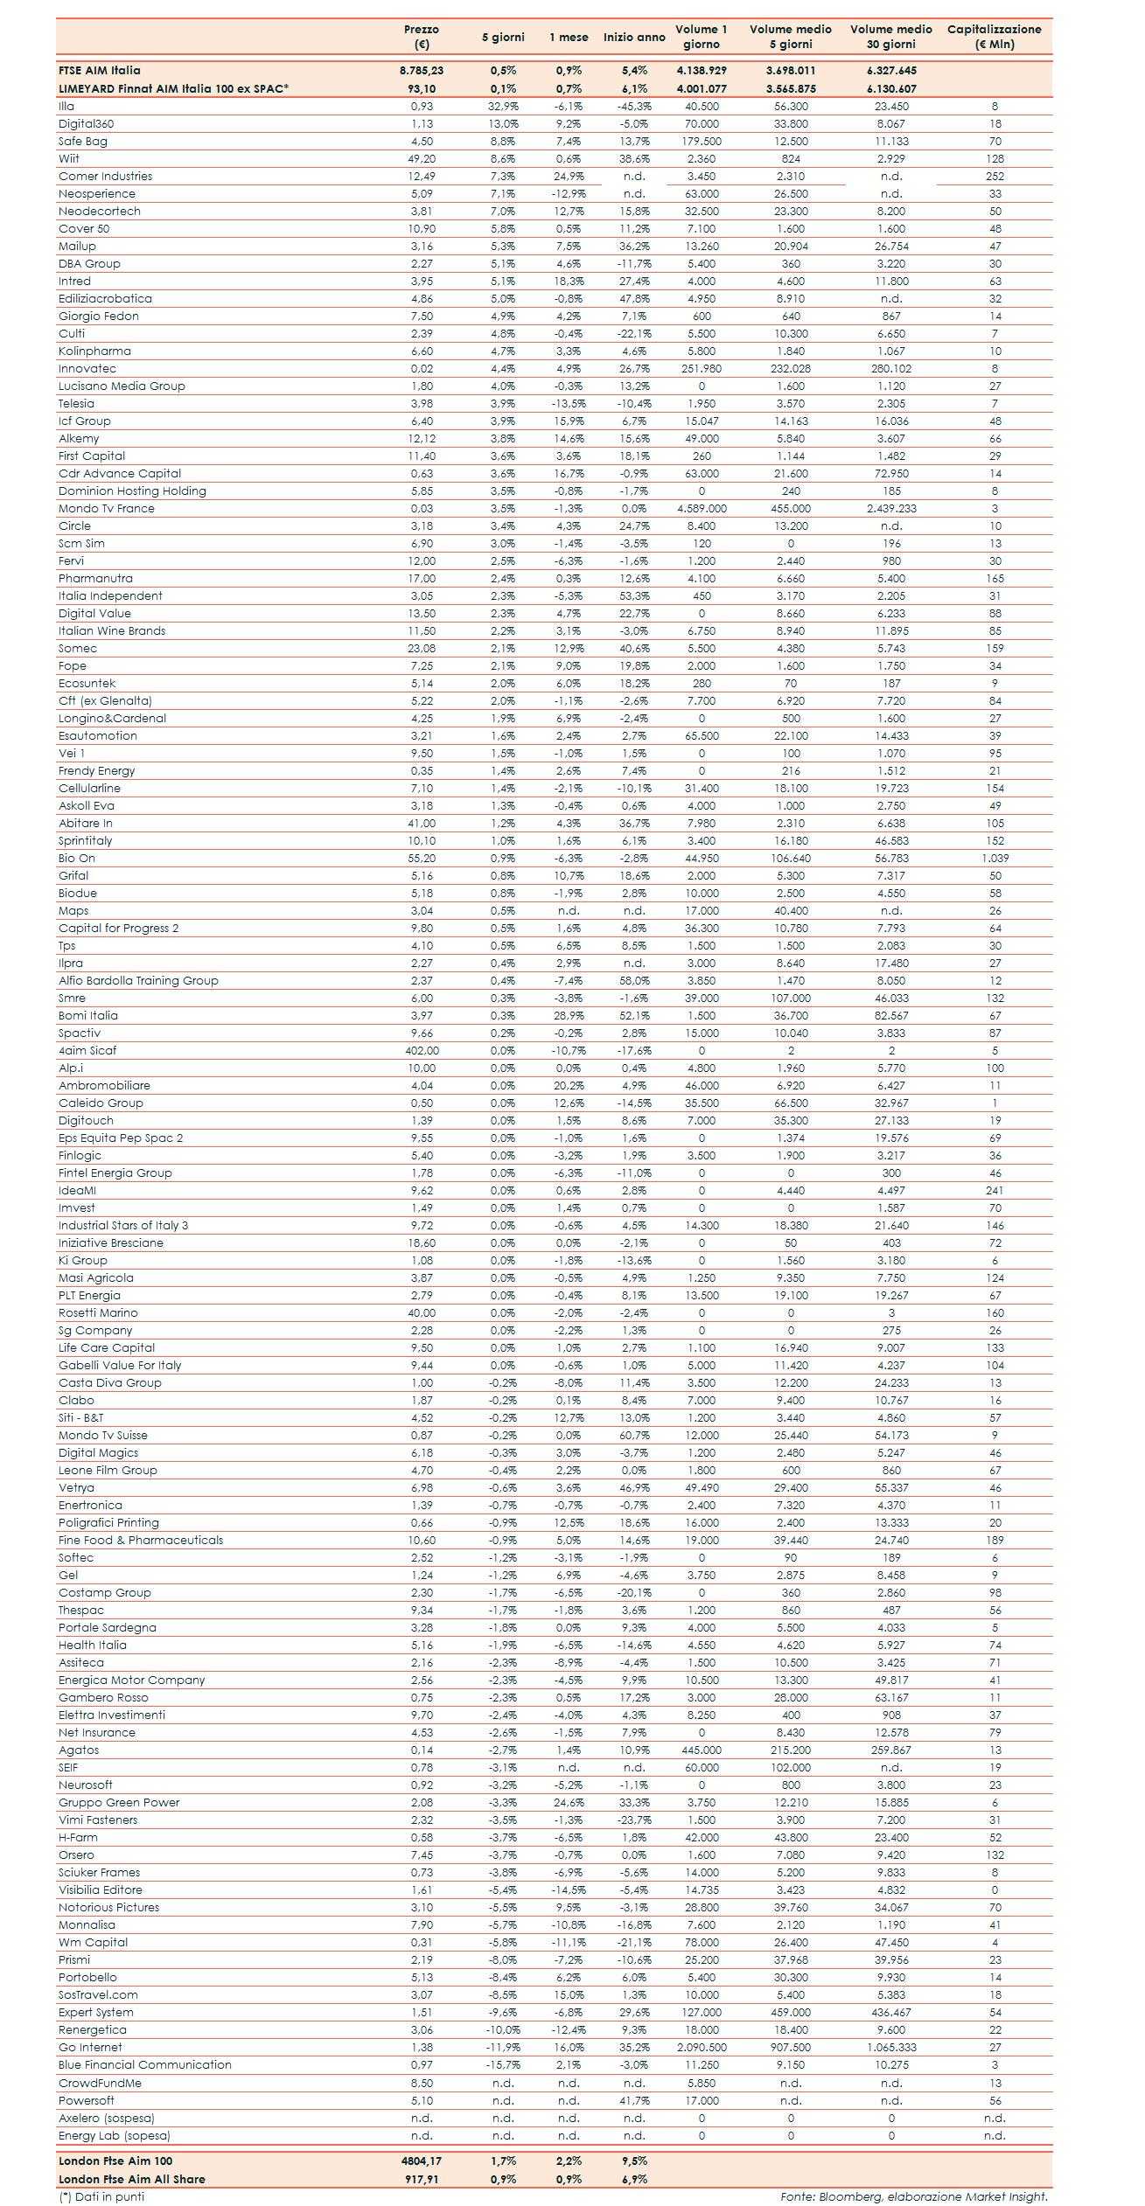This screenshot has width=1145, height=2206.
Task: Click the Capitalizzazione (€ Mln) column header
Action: coord(994,36)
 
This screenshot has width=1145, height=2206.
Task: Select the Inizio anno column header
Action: coord(634,38)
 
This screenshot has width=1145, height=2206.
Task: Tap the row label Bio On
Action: coord(77,858)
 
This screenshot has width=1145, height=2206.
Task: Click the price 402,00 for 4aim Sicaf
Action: coord(422,1050)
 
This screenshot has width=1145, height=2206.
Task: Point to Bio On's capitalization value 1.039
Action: coord(995,858)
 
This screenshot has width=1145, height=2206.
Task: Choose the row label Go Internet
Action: coord(90,2047)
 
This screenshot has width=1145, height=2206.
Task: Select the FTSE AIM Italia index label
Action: coord(99,70)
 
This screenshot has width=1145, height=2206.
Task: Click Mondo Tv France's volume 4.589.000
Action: coord(702,508)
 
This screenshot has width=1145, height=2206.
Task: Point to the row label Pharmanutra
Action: coord(95,578)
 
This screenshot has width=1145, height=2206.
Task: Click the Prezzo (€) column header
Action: coord(422,36)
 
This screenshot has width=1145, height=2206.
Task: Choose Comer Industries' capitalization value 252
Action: coord(995,176)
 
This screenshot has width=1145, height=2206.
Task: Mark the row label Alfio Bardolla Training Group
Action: coord(138,980)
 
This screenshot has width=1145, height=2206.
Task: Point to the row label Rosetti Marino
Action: coord(98,1312)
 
